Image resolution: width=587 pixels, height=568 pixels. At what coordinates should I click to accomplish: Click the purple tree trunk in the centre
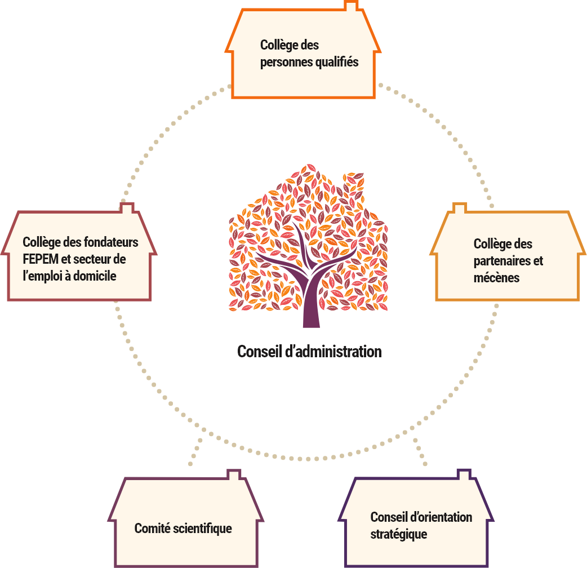point(311,304)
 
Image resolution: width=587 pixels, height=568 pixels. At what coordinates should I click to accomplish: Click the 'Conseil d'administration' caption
point(309,352)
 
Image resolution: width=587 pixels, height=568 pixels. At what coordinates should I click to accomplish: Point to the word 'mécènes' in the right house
point(496,278)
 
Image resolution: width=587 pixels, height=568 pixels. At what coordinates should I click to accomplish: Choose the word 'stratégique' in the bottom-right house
point(398,534)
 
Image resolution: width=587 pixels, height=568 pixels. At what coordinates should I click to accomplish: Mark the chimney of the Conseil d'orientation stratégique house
point(464,474)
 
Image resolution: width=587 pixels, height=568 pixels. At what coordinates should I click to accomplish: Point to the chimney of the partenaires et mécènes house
point(460,209)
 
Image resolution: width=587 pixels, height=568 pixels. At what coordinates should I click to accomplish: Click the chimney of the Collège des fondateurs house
point(127,208)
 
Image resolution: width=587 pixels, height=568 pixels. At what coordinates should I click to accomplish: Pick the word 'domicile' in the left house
point(97,276)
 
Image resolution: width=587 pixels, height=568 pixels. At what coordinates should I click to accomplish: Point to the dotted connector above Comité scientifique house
point(195,451)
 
